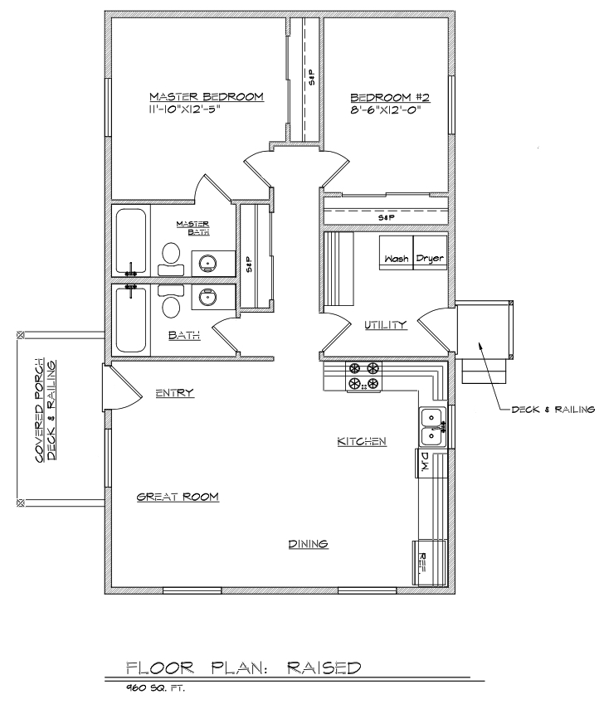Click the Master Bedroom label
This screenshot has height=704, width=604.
(206, 96)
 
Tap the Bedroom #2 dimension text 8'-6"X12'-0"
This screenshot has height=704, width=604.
(386, 110)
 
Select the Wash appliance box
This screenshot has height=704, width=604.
(396, 252)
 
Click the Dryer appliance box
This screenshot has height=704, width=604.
(430, 252)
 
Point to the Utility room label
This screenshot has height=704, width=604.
(385, 324)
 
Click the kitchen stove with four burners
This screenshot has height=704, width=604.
(363, 376)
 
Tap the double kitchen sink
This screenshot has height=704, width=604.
(432, 427)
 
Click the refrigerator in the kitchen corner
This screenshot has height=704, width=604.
(429, 563)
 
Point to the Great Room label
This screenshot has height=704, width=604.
(178, 497)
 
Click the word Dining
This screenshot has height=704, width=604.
(308, 544)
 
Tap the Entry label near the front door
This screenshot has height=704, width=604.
(175, 393)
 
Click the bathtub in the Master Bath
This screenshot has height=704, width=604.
(131, 241)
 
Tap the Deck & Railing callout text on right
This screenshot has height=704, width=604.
(553, 410)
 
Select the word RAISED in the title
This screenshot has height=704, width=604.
(324, 668)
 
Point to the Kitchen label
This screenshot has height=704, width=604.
(362, 441)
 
